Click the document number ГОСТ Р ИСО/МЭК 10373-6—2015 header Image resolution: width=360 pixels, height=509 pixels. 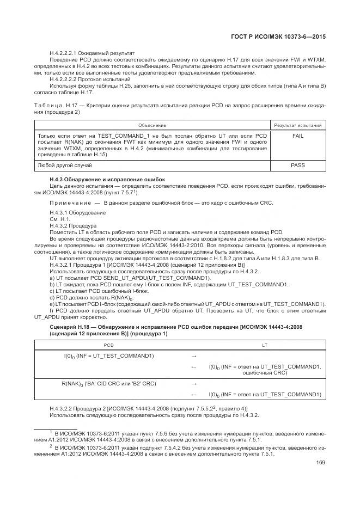[x=289, y=36]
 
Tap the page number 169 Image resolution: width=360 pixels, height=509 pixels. [x=321, y=464]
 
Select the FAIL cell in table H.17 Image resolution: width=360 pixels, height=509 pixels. [x=298, y=136]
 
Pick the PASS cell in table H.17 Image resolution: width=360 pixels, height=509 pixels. [x=298, y=165]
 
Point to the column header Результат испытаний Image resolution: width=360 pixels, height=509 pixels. [x=298, y=125]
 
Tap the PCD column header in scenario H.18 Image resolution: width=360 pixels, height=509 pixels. [x=109, y=345]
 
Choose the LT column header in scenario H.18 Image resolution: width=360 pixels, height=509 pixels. [x=265, y=345]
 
